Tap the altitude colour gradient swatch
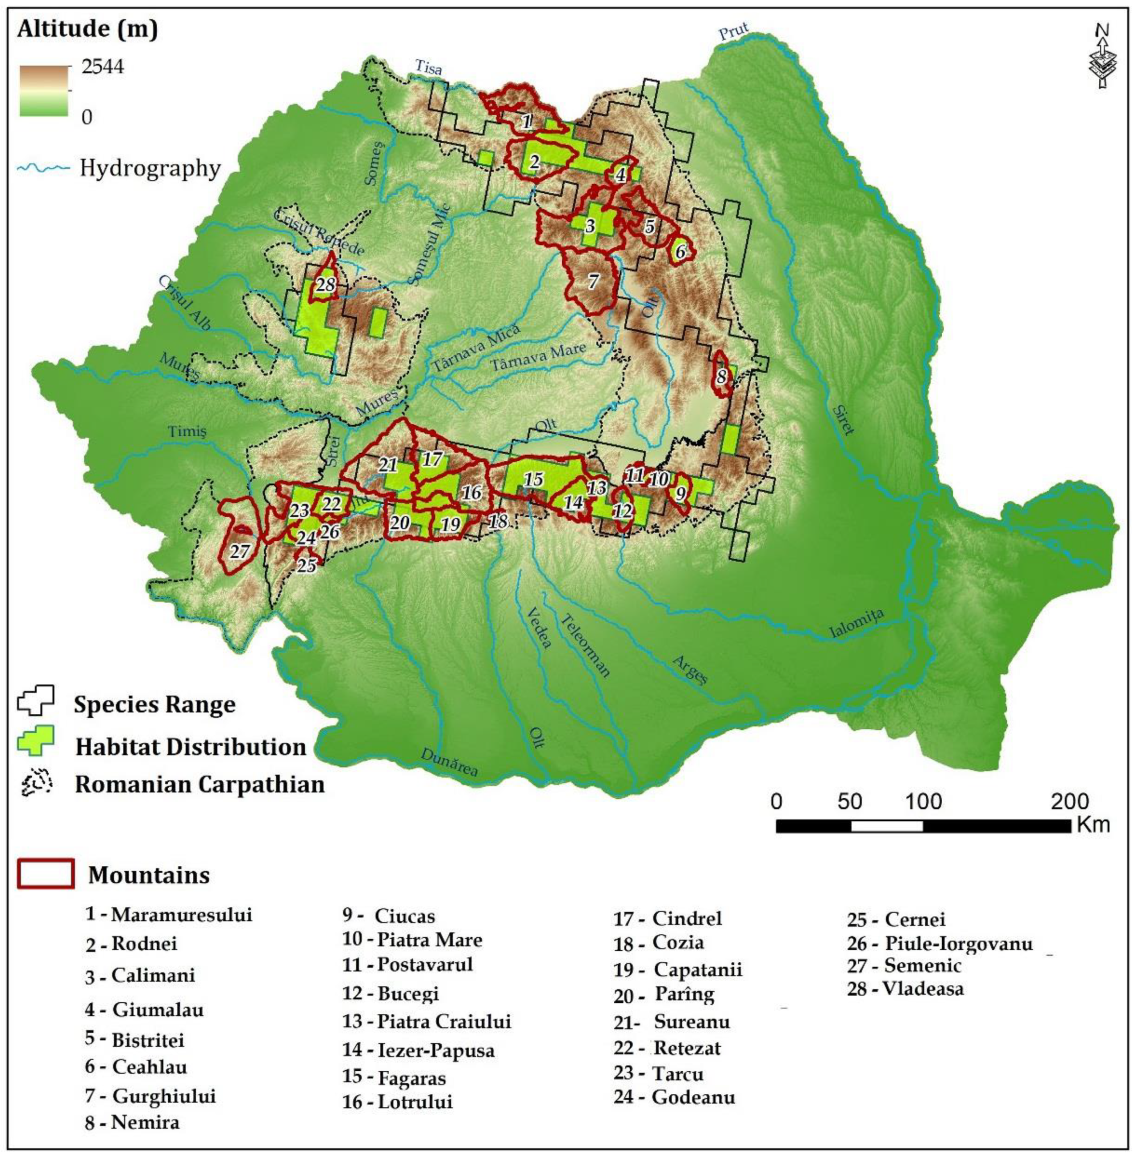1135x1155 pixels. click(x=44, y=91)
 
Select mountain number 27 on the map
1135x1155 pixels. click(x=240, y=551)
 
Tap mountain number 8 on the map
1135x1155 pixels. click(x=722, y=377)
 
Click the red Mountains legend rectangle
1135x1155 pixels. click(x=46, y=873)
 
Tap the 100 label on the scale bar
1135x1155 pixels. click(x=923, y=802)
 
